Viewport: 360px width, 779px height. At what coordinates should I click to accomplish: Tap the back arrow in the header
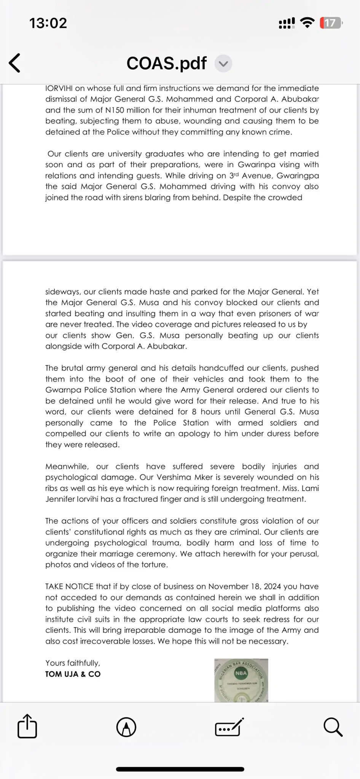15,63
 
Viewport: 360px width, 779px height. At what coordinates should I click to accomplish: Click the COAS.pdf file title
167,63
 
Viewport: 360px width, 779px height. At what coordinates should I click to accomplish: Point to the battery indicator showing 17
330,23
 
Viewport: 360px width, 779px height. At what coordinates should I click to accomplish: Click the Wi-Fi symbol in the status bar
307,23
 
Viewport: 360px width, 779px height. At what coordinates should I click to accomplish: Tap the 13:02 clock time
48,23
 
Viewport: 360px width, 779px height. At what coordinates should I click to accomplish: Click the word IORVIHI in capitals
59,88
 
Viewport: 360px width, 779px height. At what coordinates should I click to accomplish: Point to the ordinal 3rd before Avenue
233,175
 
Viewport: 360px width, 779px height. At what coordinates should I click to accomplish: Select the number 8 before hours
194,412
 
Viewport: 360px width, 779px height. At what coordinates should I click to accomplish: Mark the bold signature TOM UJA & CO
73,674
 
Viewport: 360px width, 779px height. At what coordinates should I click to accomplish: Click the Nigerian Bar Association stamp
241,680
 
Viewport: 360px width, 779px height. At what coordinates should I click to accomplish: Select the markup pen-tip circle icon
126,727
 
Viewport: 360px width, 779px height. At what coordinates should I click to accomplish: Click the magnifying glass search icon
333,727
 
